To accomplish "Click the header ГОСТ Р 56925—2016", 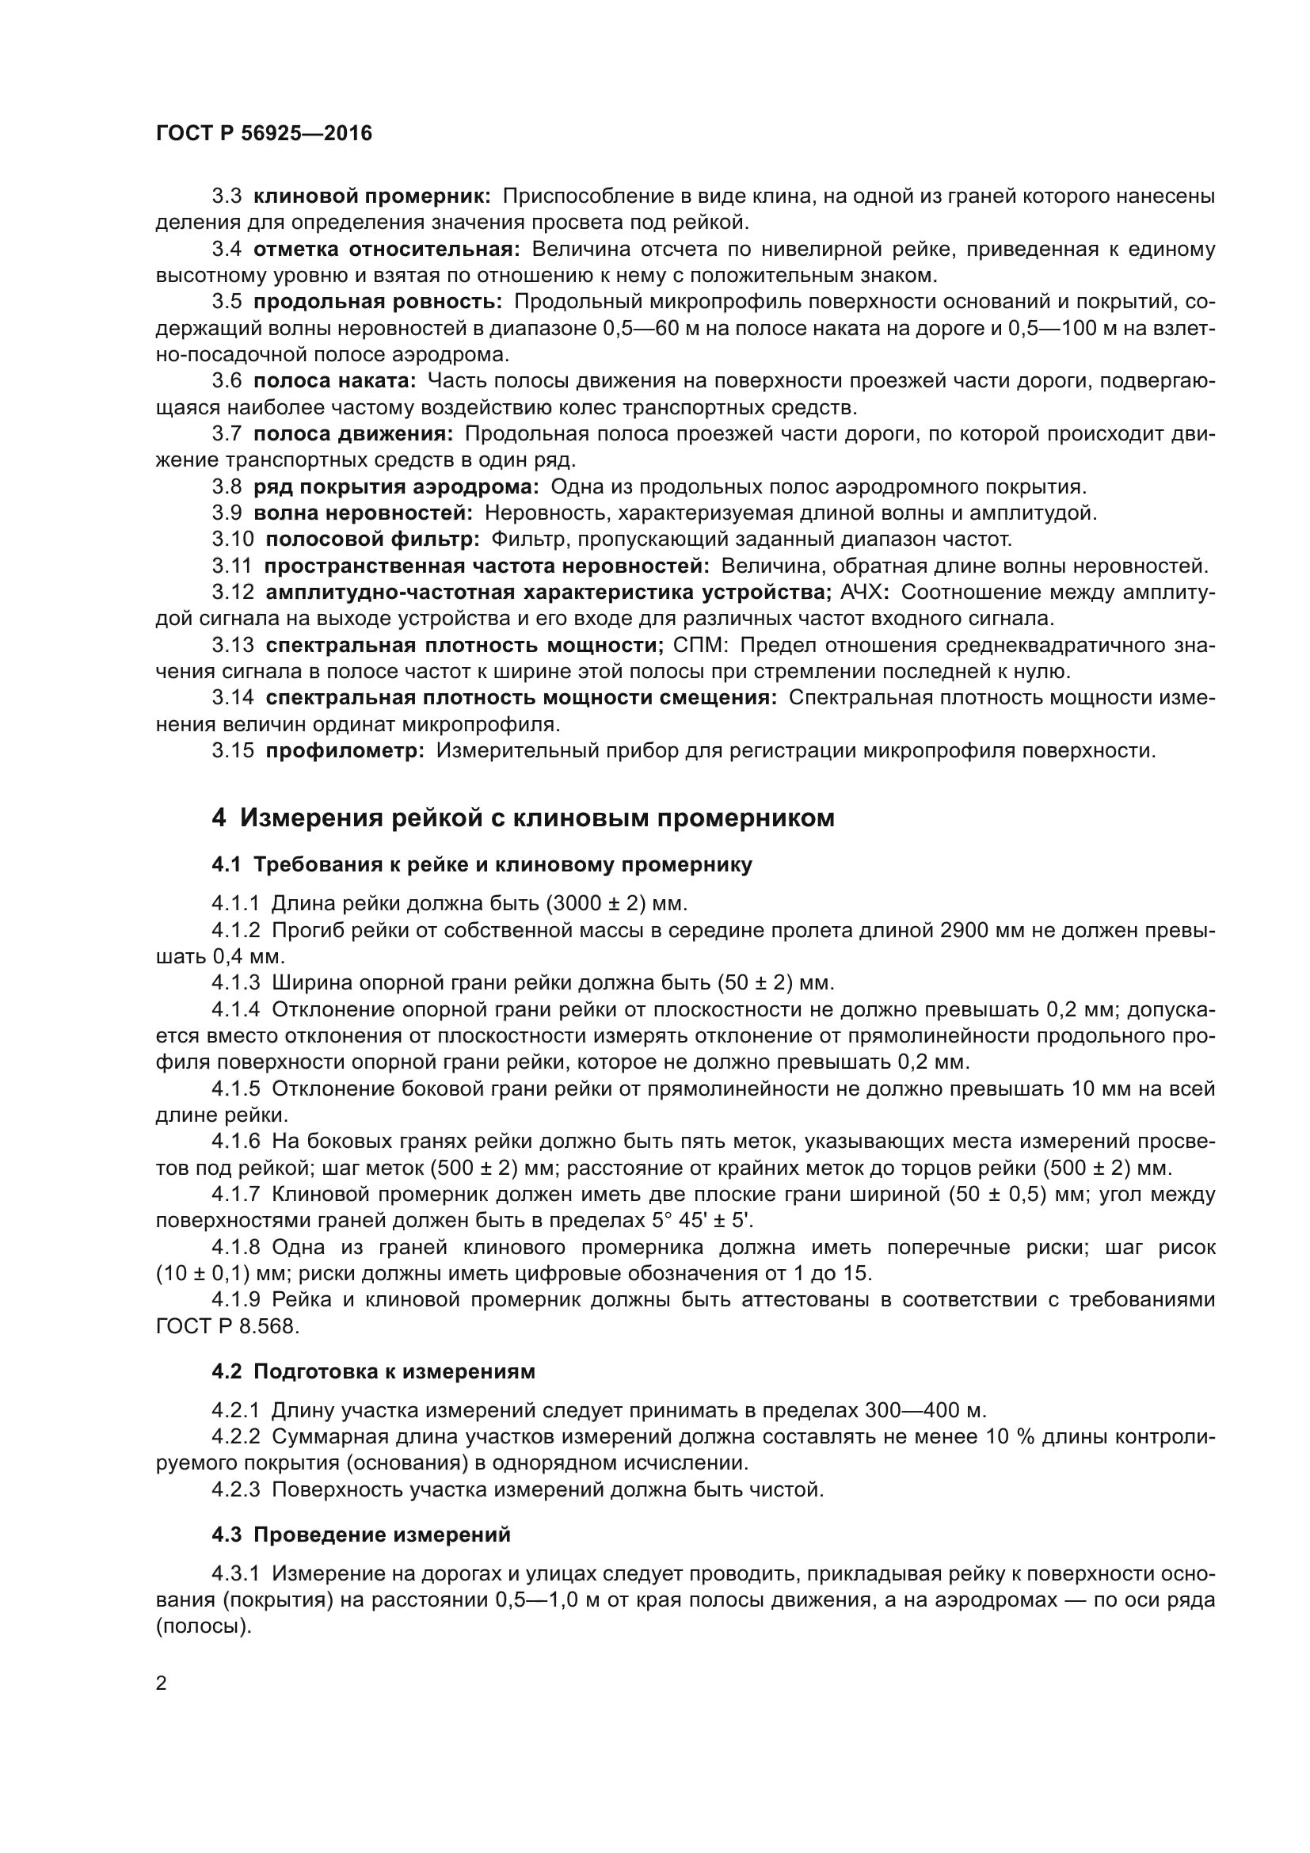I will tap(264, 134).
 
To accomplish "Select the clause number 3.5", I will tap(227, 302).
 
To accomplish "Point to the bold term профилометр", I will tap(345, 750).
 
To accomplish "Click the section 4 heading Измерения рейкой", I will tap(523, 818).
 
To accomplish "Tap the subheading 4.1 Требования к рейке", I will tap(482, 865).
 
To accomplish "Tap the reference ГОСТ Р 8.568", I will tap(226, 1326).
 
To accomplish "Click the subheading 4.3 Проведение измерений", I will tap(360, 1535).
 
